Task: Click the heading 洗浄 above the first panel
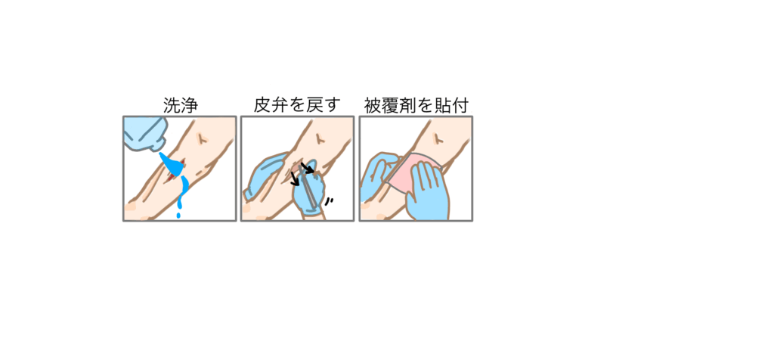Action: (180, 106)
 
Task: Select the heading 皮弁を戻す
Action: (297, 106)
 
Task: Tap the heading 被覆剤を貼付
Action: (416, 106)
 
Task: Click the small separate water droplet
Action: (178, 216)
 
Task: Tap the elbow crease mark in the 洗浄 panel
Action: (201, 138)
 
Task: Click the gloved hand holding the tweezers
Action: (310, 190)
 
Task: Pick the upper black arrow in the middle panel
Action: (307, 169)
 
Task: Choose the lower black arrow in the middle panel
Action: (296, 178)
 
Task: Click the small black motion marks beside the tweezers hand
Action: (328, 201)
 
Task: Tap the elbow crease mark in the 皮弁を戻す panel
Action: (320, 138)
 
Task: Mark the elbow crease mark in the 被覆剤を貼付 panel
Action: (438, 138)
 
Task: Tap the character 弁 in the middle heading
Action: (280, 106)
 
